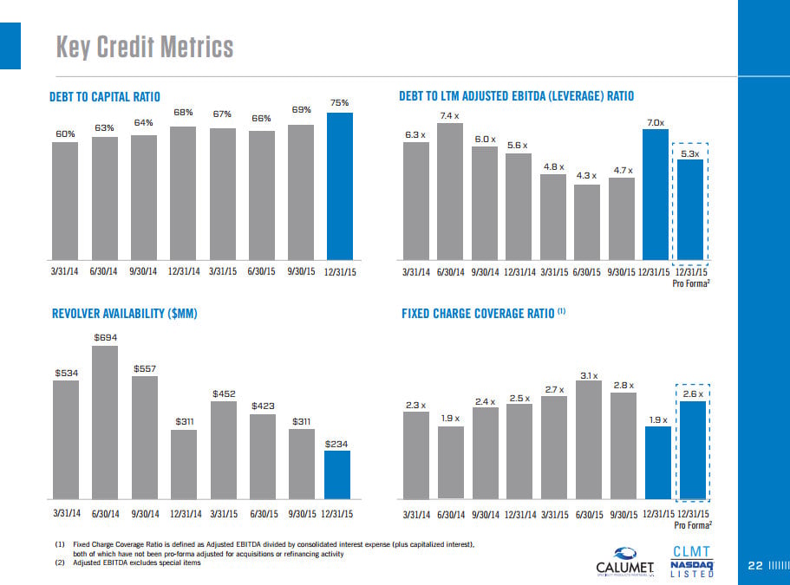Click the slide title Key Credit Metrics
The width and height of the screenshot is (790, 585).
tap(145, 46)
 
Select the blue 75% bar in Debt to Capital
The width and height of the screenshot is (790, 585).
tap(339, 186)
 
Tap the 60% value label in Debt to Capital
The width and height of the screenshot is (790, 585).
tap(65, 133)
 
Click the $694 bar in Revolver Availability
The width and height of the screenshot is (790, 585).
tap(105, 424)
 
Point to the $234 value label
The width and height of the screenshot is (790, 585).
tap(336, 444)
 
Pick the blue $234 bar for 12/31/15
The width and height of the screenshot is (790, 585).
tap(337, 475)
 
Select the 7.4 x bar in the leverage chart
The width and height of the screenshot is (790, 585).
tap(449, 192)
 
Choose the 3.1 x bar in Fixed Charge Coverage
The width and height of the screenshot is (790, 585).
tap(588, 440)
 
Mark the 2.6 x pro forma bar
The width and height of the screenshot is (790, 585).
tap(691, 450)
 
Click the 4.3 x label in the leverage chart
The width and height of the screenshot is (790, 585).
tap(587, 176)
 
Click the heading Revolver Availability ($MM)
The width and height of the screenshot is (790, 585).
tap(126, 313)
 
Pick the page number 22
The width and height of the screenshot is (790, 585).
tap(754, 566)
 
